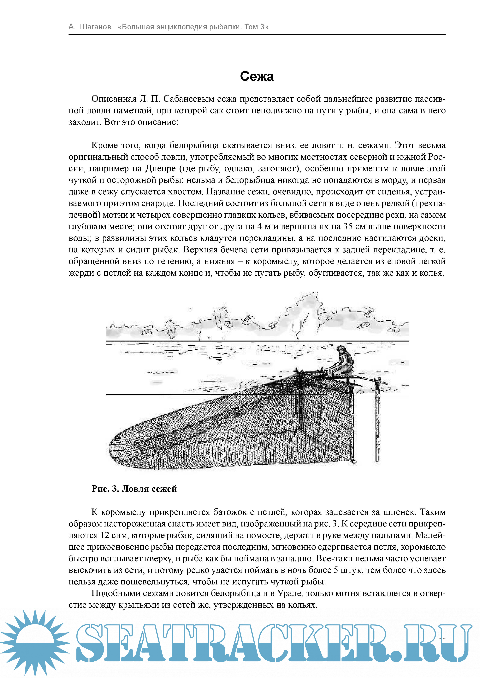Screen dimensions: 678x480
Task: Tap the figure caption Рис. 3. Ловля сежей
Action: [x=134, y=489]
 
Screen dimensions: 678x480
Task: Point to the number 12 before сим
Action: [x=105, y=535]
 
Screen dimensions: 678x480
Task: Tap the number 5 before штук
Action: [x=336, y=570]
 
